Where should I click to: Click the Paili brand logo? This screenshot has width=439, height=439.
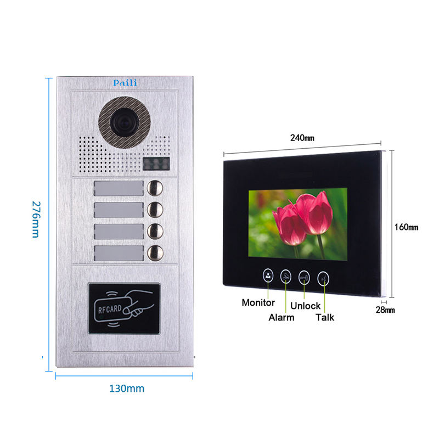tap(126, 83)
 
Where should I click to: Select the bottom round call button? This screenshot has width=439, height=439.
tap(155, 253)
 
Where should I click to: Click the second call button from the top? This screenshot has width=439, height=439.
tap(155, 210)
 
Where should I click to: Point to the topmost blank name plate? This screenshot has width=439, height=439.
tap(119, 189)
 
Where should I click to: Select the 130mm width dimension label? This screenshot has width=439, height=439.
tap(126, 389)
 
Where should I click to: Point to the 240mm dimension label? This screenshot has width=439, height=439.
tap(302, 138)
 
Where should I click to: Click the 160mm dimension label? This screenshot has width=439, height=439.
tap(406, 227)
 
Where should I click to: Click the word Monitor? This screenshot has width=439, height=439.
tap(258, 303)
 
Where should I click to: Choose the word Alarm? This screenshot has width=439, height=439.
tap(281, 317)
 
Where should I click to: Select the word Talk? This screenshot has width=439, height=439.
tap(324, 317)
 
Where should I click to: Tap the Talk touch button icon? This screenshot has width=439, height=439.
tap(324, 278)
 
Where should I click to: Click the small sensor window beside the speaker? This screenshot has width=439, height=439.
tap(156, 163)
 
